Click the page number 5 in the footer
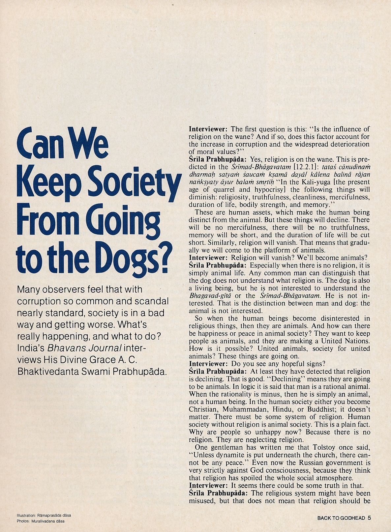[x=369, y=518]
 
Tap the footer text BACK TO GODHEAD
[x=341, y=518]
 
